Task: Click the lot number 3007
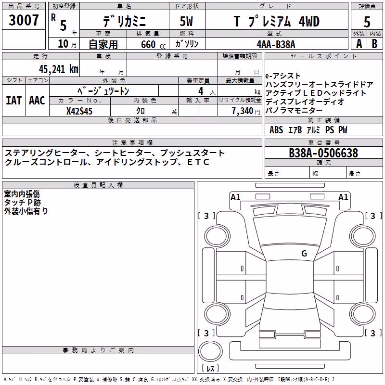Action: (x=24, y=20)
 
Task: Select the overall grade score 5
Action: (x=367, y=22)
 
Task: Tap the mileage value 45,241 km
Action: (x=58, y=69)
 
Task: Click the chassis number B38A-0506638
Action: (x=323, y=153)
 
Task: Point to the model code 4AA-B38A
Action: (x=276, y=44)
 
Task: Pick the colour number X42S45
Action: (x=79, y=111)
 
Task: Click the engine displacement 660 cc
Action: (x=153, y=45)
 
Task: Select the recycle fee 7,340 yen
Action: (x=246, y=111)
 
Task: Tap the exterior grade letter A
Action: (x=359, y=44)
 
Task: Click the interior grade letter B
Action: (x=374, y=44)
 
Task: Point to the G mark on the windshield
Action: (x=304, y=254)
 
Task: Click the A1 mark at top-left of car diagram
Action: (x=235, y=197)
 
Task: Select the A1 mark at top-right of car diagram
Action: (x=343, y=197)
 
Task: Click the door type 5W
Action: (x=186, y=21)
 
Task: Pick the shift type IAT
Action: (x=13, y=101)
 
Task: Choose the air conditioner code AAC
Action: (x=37, y=101)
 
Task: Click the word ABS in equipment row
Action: (x=276, y=130)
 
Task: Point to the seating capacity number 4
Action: (x=201, y=91)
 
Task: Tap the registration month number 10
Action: (x=63, y=44)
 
